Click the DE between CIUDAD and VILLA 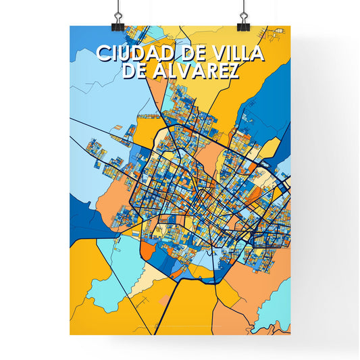click(191, 53)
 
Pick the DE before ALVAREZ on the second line click(135, 71)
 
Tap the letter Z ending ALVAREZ click(231, 71)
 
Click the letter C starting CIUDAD click(102, 53)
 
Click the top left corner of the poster click(70, 26)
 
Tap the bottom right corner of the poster click(290, 334)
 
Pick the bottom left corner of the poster click(70, 334)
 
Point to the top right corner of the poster click(290, 26)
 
